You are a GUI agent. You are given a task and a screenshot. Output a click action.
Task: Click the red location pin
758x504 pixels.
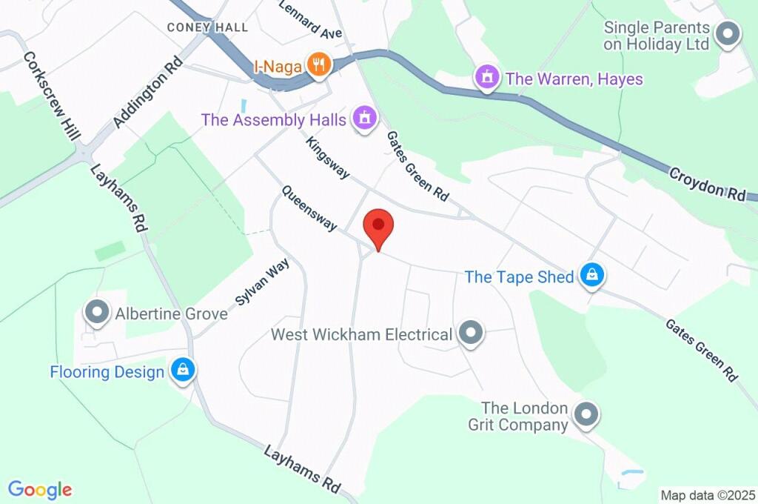click(378, 227)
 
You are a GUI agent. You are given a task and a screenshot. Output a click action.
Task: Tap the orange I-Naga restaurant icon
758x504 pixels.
click(318, 66)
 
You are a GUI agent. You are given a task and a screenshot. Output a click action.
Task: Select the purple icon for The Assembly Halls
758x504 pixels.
click(364, 119)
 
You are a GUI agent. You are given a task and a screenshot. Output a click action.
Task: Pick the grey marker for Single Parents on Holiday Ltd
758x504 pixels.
click(729, 34)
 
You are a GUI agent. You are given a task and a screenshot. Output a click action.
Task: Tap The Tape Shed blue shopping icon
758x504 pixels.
click(591, 276)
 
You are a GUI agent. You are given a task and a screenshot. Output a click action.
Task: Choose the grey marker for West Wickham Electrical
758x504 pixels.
click(470, 334)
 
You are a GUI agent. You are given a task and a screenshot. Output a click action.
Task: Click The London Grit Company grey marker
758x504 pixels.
click(586, 416)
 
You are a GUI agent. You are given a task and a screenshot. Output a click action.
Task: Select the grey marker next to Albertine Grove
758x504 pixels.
click(97, 314)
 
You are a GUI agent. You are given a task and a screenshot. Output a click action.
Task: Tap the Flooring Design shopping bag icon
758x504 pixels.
click(182, 371)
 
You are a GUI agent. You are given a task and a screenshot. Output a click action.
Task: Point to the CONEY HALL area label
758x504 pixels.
click(207, 27)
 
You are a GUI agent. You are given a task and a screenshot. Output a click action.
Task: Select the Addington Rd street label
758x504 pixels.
click(148, 91)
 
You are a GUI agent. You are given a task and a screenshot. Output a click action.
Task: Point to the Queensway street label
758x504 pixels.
click(309, 208)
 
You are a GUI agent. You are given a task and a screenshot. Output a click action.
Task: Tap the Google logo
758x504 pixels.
click(40, 489)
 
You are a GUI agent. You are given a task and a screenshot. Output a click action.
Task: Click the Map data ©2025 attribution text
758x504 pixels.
click(707, 494)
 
